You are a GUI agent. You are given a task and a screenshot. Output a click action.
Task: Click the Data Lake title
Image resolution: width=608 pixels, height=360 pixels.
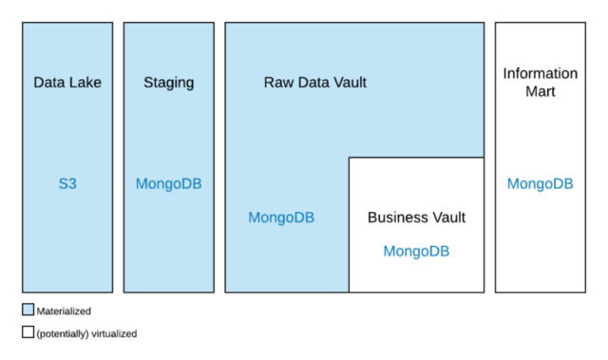tap(67, 83)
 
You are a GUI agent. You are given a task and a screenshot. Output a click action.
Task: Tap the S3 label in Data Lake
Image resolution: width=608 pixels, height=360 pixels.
tap(67, 183)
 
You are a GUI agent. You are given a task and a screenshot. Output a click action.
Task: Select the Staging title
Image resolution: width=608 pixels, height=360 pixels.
tap(168, 83)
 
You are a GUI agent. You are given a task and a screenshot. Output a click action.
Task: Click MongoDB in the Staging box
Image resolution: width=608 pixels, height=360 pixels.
tap(168, 183)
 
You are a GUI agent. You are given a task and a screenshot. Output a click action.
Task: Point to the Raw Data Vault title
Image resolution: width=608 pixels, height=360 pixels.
tap(314, 83)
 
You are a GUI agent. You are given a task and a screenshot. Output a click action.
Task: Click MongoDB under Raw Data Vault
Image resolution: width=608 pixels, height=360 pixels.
tap(281, 218)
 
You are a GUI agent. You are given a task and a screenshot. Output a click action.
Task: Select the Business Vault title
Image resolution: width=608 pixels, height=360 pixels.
tap(416, 218)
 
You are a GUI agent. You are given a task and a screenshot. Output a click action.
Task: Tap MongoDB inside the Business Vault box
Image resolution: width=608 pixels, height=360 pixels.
tap(416, 251)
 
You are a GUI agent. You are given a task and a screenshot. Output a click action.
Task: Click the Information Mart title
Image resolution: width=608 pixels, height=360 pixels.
tap(540, 83)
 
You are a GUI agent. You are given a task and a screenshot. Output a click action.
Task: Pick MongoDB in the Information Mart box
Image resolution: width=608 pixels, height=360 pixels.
tap(540, 183)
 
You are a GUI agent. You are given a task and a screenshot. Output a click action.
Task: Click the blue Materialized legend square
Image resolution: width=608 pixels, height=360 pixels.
tap(28, 310)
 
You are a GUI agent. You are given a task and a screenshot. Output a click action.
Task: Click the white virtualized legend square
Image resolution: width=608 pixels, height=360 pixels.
tap(28, 332)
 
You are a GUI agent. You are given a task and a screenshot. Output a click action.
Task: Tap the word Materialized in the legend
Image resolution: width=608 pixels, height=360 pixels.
tap(64, 311)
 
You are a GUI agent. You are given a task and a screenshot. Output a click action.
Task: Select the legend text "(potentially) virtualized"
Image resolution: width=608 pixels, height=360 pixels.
tap(87, 333)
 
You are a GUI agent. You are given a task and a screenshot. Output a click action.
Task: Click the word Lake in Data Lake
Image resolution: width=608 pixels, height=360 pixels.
tap(85, 83)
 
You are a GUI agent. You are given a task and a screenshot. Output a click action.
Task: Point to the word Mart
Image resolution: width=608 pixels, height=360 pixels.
tap(540, 92)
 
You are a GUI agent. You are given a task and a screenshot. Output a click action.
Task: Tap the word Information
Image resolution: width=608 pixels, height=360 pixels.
tap(540, 73)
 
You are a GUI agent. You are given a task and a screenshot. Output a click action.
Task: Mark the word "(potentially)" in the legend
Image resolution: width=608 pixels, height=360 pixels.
tap(62, 333)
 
